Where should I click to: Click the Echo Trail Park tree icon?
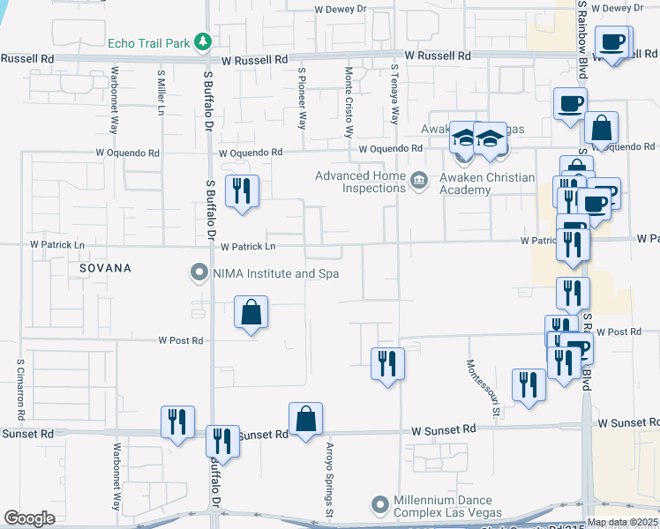(x=203, y=41)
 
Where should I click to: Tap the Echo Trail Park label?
(x=149, y=42)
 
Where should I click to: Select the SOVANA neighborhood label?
(x=105, y=267)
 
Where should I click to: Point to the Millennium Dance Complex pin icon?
(x=379, y=505)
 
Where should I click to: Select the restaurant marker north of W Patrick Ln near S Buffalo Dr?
(x=242, y=191)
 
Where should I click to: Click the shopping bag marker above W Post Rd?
(x=251, y=312)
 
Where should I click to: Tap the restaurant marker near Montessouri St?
(x=529, y=385)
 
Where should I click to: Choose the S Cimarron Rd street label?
(x=20, y=387)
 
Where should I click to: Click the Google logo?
(x=29, y=518)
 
